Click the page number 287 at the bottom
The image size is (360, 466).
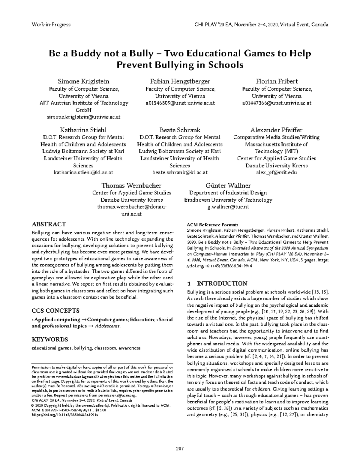[x=180, y=449]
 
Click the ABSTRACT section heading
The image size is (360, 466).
[x=49, y=224]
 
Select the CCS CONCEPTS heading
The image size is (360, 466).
[x=55, y=311]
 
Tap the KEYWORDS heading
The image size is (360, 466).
[x=50, y=339]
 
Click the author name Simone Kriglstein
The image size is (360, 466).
[x=83, y=81]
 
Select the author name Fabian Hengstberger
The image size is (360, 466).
[x=180, y=81]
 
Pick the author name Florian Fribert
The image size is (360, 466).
[x=277, y=81]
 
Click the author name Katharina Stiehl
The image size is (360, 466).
[x=83, y=130]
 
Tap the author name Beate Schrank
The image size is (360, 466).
[x=180, y=130]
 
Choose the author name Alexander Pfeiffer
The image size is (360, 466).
[x=276, y=130]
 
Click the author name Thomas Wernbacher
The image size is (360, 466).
[x=131, y=185]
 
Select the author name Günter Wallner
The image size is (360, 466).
[x=228, y=185]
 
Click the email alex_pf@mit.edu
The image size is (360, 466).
[x=276, y=173]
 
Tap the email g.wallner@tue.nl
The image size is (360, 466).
[x=228, y=207]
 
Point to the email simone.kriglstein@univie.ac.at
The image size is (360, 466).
[x=83, y=117]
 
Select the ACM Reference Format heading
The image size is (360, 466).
[x=212, y=224]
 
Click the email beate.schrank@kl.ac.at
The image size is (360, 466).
[x=180, y=173]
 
